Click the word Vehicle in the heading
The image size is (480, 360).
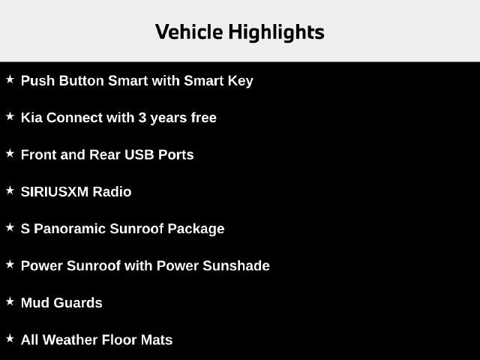coord(189,31)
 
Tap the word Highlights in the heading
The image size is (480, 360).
coord(277,32)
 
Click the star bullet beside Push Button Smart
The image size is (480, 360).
coord(10,79)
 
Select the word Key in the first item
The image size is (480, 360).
coord(240,81)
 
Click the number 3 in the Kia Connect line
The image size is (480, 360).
coord(142,118)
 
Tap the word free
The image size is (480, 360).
coord(203,118)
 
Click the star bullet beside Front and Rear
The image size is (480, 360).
coord(10,153)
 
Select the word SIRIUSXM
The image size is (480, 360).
coord(55,192)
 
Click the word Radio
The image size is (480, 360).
coord(112,192)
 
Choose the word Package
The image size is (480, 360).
coord(196,229)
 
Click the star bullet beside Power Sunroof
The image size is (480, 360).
coord(10,265)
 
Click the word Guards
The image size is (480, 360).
coord(78,303)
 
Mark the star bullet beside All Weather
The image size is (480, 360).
coord(10,338)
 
